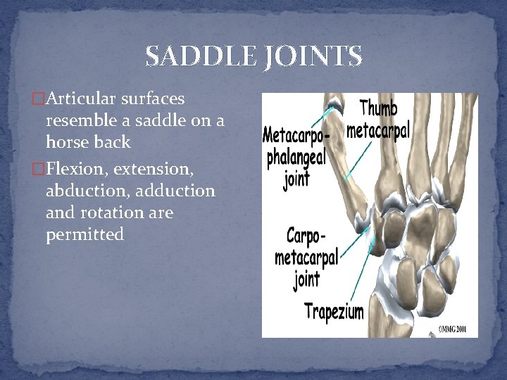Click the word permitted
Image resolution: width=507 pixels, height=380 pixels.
84,234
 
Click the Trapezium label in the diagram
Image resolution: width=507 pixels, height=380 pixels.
334,310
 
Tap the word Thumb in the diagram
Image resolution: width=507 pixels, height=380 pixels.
378,109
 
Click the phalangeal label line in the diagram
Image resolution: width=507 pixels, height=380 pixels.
296,156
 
